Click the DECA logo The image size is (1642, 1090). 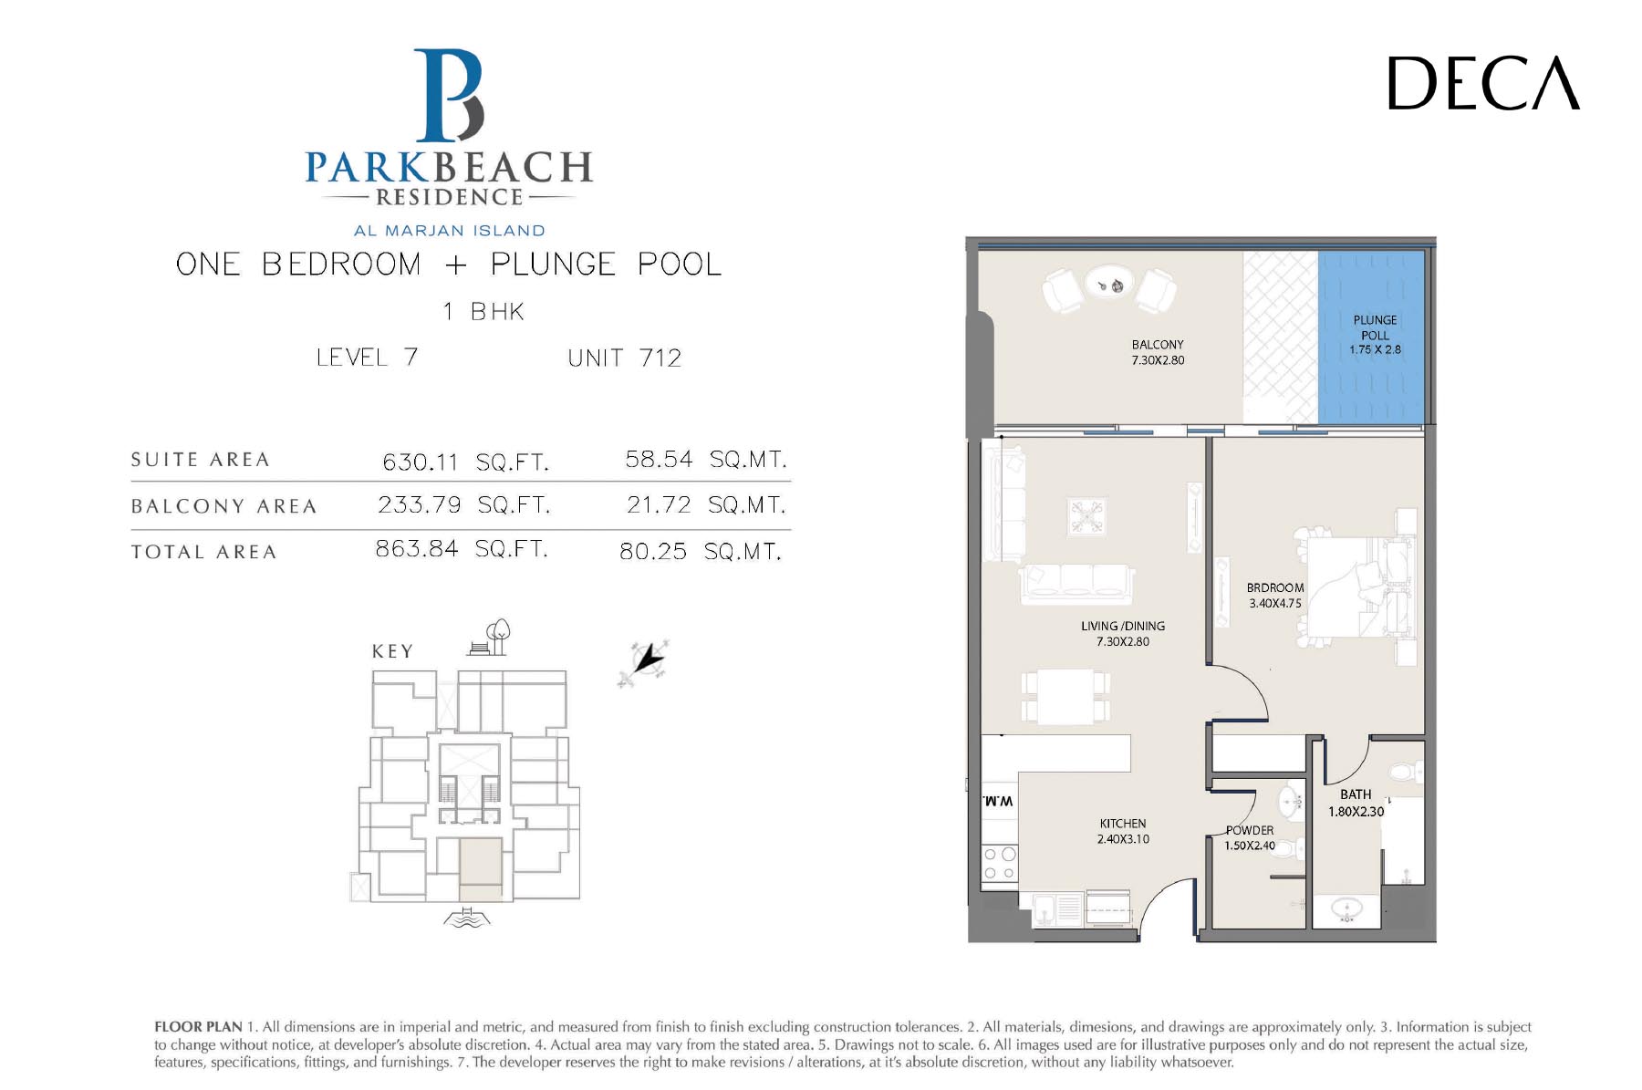point(1483,83)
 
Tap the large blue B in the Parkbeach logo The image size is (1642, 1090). point(449,95)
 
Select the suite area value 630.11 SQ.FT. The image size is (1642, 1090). point(465,462)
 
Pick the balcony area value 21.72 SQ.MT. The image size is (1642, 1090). point(705,504)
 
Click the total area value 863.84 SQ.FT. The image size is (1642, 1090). point(462,548)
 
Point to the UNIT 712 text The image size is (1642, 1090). point(625,358)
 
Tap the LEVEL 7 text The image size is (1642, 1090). point(367,357)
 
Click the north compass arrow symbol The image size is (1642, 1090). point(645,661)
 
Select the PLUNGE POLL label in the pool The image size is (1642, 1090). point(1375,335)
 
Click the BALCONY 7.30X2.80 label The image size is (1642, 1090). point(1158,352)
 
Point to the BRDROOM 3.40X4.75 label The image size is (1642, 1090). point(1275,596)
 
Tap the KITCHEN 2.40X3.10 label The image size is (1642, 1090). point(1123,831)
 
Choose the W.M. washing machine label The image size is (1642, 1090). point(998,801)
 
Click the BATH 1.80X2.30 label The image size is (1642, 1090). point(1356,803)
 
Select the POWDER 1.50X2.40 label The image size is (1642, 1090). point(1250,837)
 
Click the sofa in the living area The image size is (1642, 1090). point(1076,584)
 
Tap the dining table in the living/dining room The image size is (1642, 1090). point(1065,697)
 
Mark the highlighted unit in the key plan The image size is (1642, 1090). point(480,869)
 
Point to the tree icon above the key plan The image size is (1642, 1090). point(498,636)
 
